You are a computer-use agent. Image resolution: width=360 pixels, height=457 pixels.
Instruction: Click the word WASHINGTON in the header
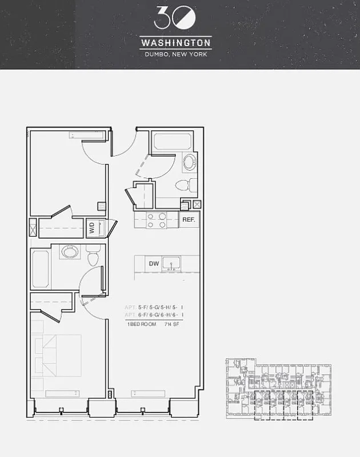175,43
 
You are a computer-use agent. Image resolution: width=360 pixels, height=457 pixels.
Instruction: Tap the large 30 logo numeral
175,18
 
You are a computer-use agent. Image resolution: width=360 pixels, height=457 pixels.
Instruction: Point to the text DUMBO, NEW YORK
175,55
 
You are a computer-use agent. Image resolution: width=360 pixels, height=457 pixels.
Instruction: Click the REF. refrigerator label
189,219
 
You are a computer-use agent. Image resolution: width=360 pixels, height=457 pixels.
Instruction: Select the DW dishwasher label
153,263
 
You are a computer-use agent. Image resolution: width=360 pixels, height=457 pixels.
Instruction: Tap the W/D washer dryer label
91,227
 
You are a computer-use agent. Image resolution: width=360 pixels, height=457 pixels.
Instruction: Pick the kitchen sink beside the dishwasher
171,263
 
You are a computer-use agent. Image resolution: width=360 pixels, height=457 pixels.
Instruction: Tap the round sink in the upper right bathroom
189,162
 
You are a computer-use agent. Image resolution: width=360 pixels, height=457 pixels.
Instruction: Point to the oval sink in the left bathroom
69,252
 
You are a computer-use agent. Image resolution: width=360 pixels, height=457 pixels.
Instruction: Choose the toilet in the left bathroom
94,255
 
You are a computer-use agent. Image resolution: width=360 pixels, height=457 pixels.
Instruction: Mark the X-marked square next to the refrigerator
197,205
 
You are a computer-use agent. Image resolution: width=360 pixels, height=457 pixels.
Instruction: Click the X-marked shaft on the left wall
33,228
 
